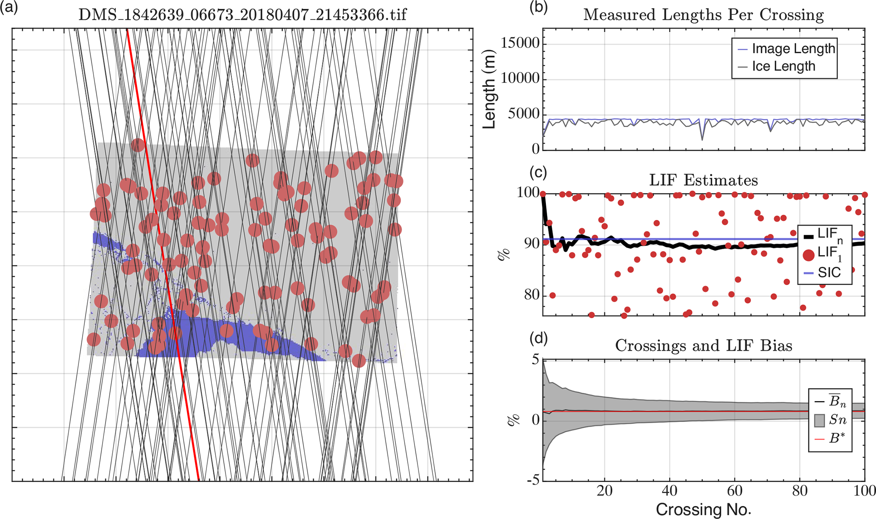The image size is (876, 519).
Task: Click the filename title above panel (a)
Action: pos(242,15)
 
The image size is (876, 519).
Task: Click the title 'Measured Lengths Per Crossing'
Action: pos(704,15)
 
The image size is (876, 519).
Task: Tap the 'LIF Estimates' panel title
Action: pos(704,180)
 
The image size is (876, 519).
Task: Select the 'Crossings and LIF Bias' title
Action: pos(704,346)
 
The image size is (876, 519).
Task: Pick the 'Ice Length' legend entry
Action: pos(783,66)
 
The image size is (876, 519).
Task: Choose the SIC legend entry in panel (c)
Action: pos(829,272)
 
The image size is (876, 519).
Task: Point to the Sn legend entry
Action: pos(837,420)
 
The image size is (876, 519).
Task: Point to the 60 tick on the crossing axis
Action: pos(734,491)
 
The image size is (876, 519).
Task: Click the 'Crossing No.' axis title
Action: pos(704,509)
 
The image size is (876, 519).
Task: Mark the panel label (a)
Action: pos(9,8)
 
